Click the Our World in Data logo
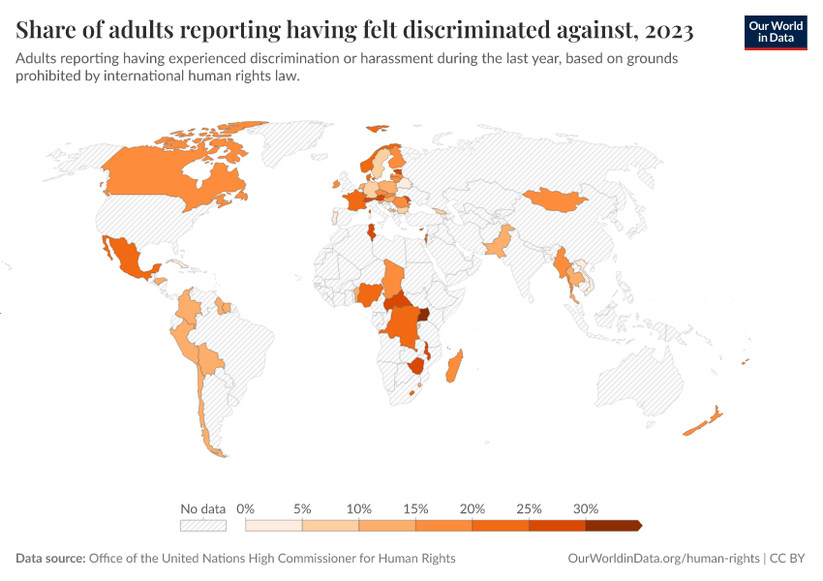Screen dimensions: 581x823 coord(775,32)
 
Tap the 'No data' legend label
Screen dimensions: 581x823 coord(203,508)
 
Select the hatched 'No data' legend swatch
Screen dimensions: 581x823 coord(203,525)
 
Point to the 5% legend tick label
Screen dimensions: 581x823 coord(303,508)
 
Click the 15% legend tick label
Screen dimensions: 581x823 coord(415,508)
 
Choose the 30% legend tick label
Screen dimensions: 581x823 coord(586,508)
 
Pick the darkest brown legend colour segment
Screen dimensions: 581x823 coord(613,525)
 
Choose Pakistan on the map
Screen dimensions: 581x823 coord(499,242)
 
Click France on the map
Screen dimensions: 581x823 coord(355,200)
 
